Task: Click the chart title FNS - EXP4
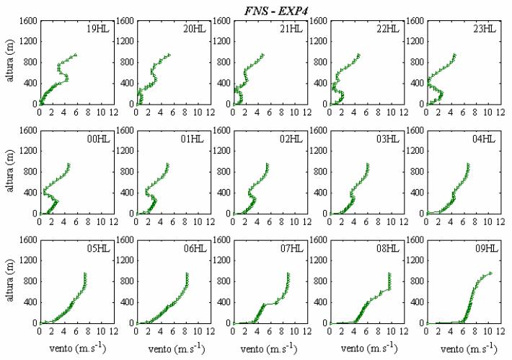[x=276, y=10]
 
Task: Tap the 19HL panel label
[x=98, y=29]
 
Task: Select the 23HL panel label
[x=485, y=29]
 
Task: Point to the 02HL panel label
[x=291, y=139]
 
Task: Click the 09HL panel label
[x=487, y=249]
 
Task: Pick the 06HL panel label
[x=195, y=249]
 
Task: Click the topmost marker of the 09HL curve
[x=490, y=273]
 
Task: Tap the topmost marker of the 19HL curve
[x=76, y=55]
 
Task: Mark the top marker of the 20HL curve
[x=169, y=55]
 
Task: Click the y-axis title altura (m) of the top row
[x=10, y=61]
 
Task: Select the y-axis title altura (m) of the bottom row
[x=10, y=280]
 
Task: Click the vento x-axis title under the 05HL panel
[x=78, y=348]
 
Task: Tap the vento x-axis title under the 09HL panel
[x=469, y=348]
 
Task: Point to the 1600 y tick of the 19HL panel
[x=29, y=21]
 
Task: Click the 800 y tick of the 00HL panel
[x=31, y=172]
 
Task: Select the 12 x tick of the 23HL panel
[x=500, y=113]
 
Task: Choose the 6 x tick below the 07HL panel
[x=270, y=332]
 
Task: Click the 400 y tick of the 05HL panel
[x=31, y=302]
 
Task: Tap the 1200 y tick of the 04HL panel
[x=415, y=151]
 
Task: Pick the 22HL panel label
[x=387, y=29]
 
